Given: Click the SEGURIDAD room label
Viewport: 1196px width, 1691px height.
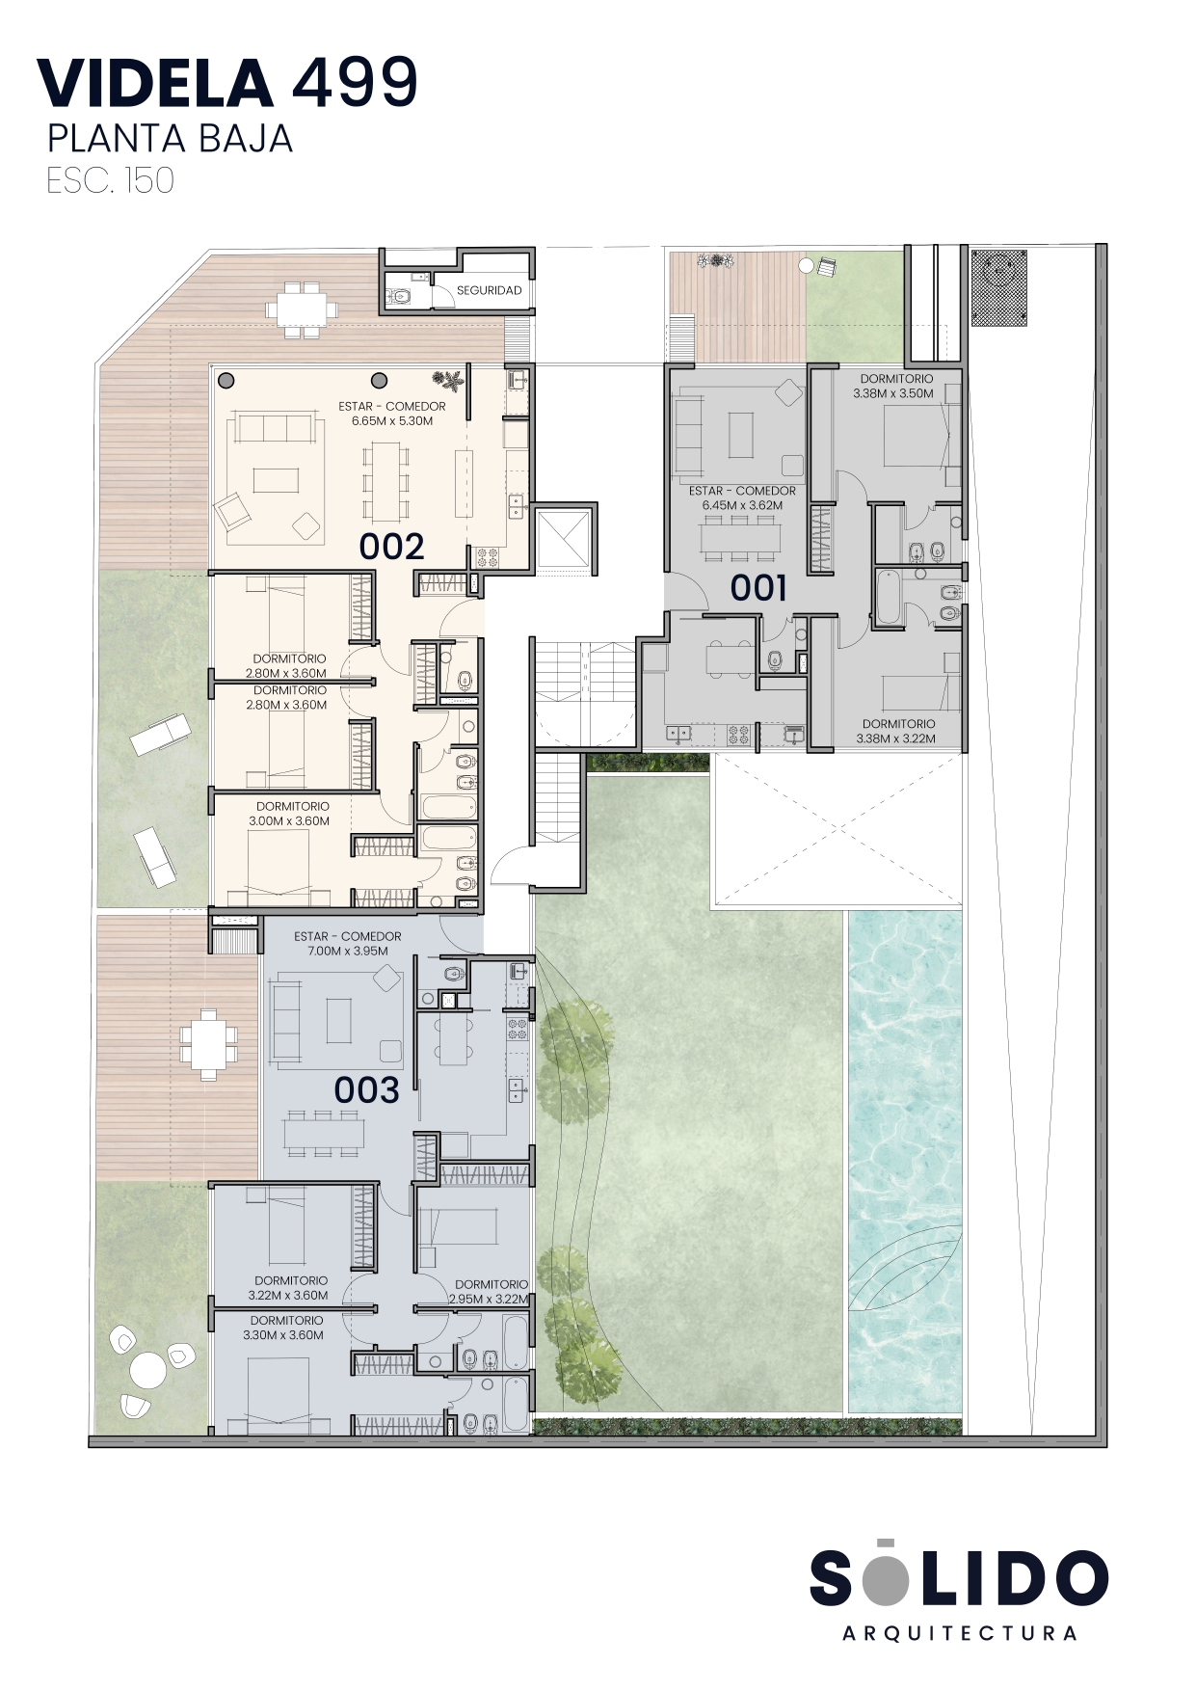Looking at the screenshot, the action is (x=489, y=290).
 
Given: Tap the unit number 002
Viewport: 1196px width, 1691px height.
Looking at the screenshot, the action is (x=392, y=547).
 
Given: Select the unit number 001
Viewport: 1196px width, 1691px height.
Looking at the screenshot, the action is (x=758, y=587).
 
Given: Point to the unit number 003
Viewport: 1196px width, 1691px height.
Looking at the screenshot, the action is (x=366, y=1090).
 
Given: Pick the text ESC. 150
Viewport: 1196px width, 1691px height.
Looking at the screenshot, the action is (x=111, y=180).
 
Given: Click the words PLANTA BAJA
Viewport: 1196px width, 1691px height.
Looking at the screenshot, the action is (x=170, y=139).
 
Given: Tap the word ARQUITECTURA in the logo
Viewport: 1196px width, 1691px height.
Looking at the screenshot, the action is (x=960, y=1633).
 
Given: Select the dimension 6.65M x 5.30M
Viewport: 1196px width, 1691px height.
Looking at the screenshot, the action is (x=392, y=421).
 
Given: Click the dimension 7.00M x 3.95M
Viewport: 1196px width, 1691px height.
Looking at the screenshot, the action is (x=348, y=951).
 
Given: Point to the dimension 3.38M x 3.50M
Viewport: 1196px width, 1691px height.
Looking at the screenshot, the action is (x=893, y=393).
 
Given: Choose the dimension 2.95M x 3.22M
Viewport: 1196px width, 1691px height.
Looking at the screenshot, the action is (x=490, y=1299).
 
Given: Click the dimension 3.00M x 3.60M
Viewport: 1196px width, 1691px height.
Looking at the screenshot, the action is (x=289, y=821).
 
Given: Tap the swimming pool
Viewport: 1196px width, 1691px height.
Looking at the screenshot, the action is (x=905, y=1161).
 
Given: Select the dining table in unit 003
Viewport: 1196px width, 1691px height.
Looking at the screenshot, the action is (x=324, y=1133).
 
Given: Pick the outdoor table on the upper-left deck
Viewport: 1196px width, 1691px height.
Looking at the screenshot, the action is (x=303, y=309).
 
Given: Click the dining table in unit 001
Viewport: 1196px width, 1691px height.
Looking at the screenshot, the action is (x=739, y=537).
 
